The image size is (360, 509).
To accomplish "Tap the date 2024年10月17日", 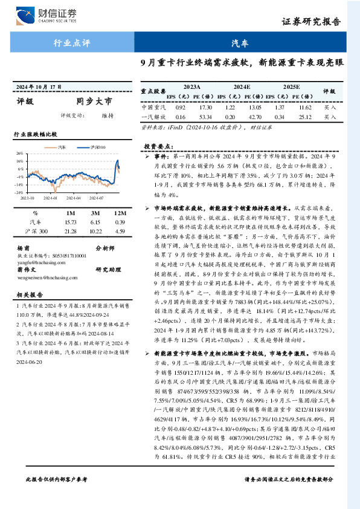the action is point(39,87).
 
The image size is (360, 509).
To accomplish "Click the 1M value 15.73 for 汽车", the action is point(71,222).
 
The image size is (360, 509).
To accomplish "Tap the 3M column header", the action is point(94,213).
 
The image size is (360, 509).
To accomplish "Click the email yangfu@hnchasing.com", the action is point(36,264).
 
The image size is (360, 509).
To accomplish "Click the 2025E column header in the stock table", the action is point(291,87).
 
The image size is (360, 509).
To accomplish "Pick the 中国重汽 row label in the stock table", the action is point(152,106).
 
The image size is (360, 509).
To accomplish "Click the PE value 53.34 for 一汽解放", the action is point(205,116).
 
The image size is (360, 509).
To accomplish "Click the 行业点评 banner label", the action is point(71,43).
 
